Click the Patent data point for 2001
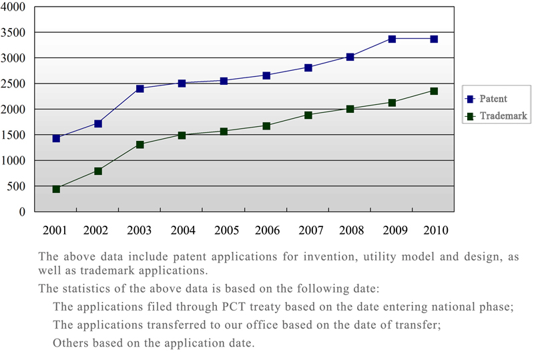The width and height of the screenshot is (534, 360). pos(56,138)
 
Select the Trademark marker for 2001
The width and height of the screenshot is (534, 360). pos(56,189)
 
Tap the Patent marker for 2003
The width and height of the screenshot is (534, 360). pos(140,88)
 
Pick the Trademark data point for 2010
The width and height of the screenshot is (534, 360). pos(434,91)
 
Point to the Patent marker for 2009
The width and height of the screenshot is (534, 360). pos(392,39)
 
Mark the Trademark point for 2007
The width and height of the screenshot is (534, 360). pos(308,115)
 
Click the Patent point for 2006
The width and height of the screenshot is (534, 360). pos(266,75)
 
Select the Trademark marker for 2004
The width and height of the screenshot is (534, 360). pos(182,135)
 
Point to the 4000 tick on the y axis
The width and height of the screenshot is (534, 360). pos(14,7)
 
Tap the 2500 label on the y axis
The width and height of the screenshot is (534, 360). pos(14,83)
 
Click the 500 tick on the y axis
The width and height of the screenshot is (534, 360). pos(17,186)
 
